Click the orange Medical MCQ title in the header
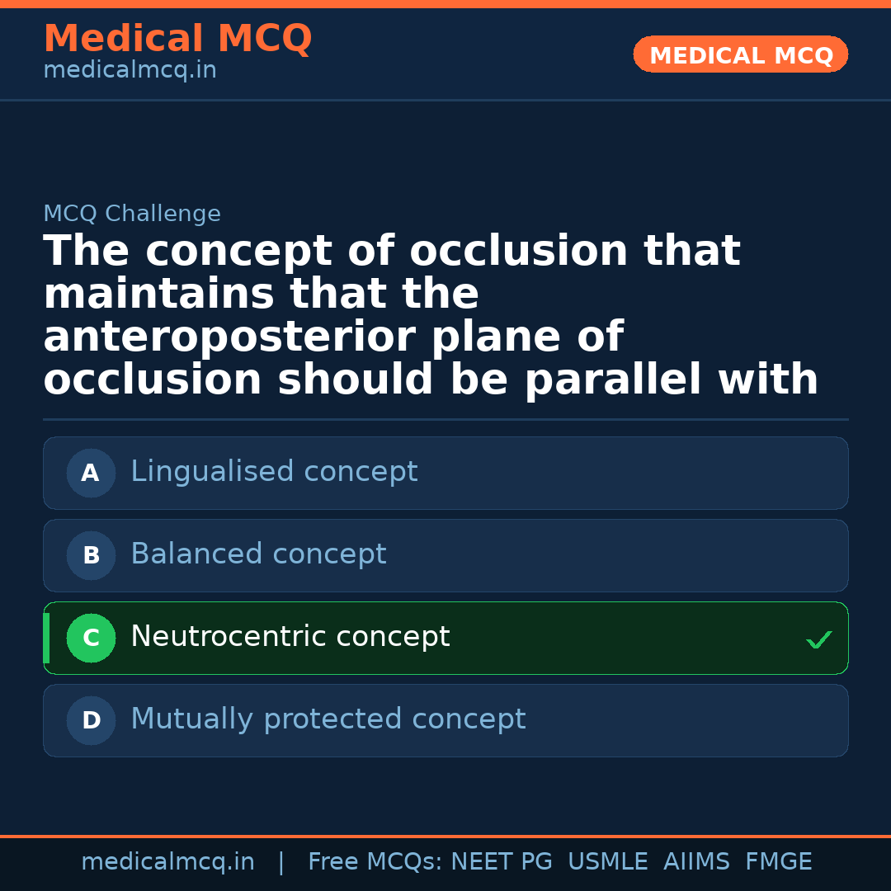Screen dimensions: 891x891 [x=177, y=39]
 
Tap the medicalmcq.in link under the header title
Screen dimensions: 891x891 [x=130, y=70]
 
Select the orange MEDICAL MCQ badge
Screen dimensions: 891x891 [x=740, y=55]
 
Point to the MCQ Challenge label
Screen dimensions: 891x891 [x=132, y=214]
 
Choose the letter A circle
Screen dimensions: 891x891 [x=91, y=473]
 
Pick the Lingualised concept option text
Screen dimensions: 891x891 [x=274, y=472]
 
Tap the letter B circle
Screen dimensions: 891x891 [x=91, y=555]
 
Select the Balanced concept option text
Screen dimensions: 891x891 [x=258, y=554]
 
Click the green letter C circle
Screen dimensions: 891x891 [x=91, y=638]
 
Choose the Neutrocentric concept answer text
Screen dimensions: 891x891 [x=290, y=637]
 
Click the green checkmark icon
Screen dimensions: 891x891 [x=818, y=639]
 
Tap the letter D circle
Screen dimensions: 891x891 [x=91, y=720]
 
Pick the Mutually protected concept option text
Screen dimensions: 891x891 [x=328, y=719]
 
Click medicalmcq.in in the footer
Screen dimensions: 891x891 [x=167, y=862]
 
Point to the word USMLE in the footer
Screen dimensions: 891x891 [x=607, y=862]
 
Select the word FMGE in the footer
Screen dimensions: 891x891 [x=778, y=862]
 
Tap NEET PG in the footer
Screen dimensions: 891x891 [x=502, y=862]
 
